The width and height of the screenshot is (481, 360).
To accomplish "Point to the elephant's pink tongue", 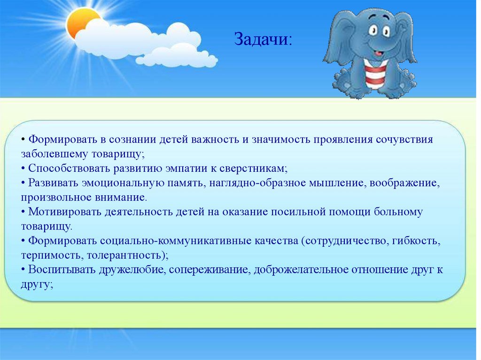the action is pos(379,53).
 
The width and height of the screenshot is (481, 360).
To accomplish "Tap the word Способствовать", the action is pos(69,169).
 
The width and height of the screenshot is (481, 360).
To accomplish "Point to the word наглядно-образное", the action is pos(257,183).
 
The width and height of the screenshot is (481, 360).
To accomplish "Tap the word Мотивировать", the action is pos(65,212).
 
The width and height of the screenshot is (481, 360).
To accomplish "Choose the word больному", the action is pos(398,212).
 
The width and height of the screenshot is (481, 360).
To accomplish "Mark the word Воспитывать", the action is pos(62,270).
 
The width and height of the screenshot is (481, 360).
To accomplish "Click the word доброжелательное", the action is pos(301,270).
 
